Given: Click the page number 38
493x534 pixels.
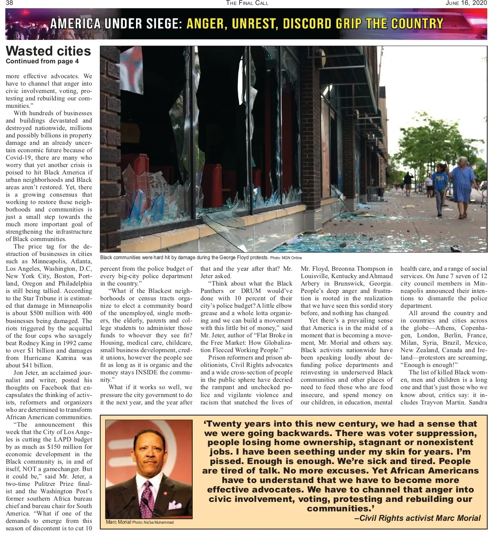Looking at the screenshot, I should tap(9, 3).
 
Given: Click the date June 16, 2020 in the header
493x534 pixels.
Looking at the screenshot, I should tap(466, 3).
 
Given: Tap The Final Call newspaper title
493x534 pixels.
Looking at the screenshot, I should tap(246, 3).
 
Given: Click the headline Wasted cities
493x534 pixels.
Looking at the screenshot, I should tap(48, 51).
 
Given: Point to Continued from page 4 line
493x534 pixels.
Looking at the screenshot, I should tap(42, 61).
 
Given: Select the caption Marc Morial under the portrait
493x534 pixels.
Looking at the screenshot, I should tap(118, 522).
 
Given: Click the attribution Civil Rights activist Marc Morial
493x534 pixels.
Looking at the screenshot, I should tap(417, 518).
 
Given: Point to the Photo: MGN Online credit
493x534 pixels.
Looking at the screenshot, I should tap(286, 258).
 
